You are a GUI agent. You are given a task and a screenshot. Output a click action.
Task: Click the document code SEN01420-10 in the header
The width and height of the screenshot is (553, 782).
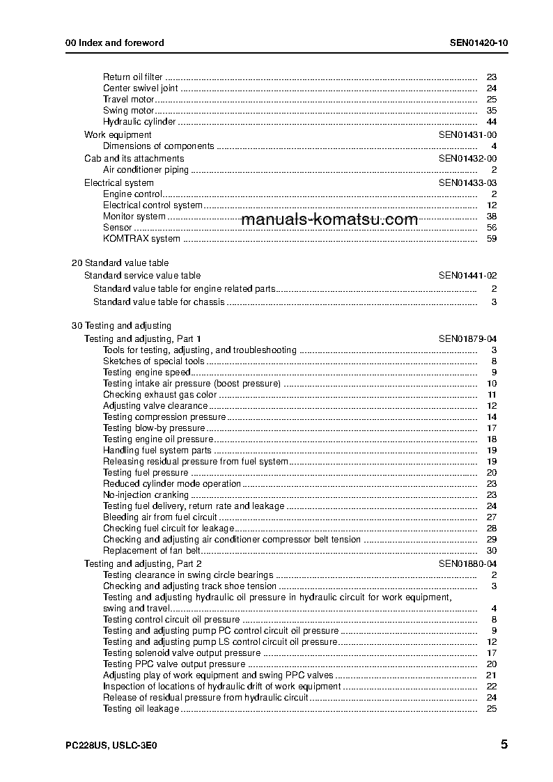pyautogui.click(x=478, y=42)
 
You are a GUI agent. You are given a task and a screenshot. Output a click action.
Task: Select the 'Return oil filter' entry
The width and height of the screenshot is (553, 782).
pyautogui.click(x=133, y=77)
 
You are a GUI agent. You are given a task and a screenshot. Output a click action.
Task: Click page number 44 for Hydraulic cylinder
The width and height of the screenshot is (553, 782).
pyautogui.click(x=491, y=122)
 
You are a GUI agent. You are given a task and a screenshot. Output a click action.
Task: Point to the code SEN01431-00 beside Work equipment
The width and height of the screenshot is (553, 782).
pyautogui.click(x=467, y=134)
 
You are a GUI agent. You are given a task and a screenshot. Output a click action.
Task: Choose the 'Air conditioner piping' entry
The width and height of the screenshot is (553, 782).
pyautogui.click(x=146, y=169)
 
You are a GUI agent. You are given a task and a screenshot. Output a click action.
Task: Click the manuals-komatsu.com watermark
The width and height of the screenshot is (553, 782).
pyautogui.click(x=329, y=220)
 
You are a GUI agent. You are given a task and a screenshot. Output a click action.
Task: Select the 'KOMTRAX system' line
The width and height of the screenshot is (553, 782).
pyautogui.click(x=141, y=238)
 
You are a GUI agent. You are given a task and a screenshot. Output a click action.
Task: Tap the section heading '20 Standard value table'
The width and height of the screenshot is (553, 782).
pyautogui.click(x=120, y=263)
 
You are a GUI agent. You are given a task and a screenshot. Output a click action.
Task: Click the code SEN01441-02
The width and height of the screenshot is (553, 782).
pyautogui.click(x=467, y=275)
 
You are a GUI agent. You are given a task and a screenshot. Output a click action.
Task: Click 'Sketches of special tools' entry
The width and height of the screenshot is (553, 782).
pyautogui.click(x=154, y=361)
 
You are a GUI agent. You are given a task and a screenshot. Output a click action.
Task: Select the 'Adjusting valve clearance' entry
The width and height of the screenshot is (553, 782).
pyautogui.click(x=155, y=405)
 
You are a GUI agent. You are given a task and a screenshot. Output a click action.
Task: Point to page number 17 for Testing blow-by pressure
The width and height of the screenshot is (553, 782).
pyautogui.click(x=491, y=428)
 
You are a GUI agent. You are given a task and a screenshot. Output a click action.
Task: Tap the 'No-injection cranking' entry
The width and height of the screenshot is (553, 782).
pyautogui.click(x=146, y=494)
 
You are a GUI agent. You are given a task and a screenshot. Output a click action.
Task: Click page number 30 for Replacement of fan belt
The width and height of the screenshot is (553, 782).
pyautogui.click(x=491, y=551)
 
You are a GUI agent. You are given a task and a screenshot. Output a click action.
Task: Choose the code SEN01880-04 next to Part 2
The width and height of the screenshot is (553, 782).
pyautogui.click(x=467, y=563)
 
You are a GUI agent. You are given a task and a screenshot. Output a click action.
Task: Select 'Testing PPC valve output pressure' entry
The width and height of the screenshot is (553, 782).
pyautogui.click(x=174, y=664)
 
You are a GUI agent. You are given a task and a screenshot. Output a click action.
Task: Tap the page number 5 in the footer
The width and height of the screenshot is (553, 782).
pyautogui.click(x=504, y=744)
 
